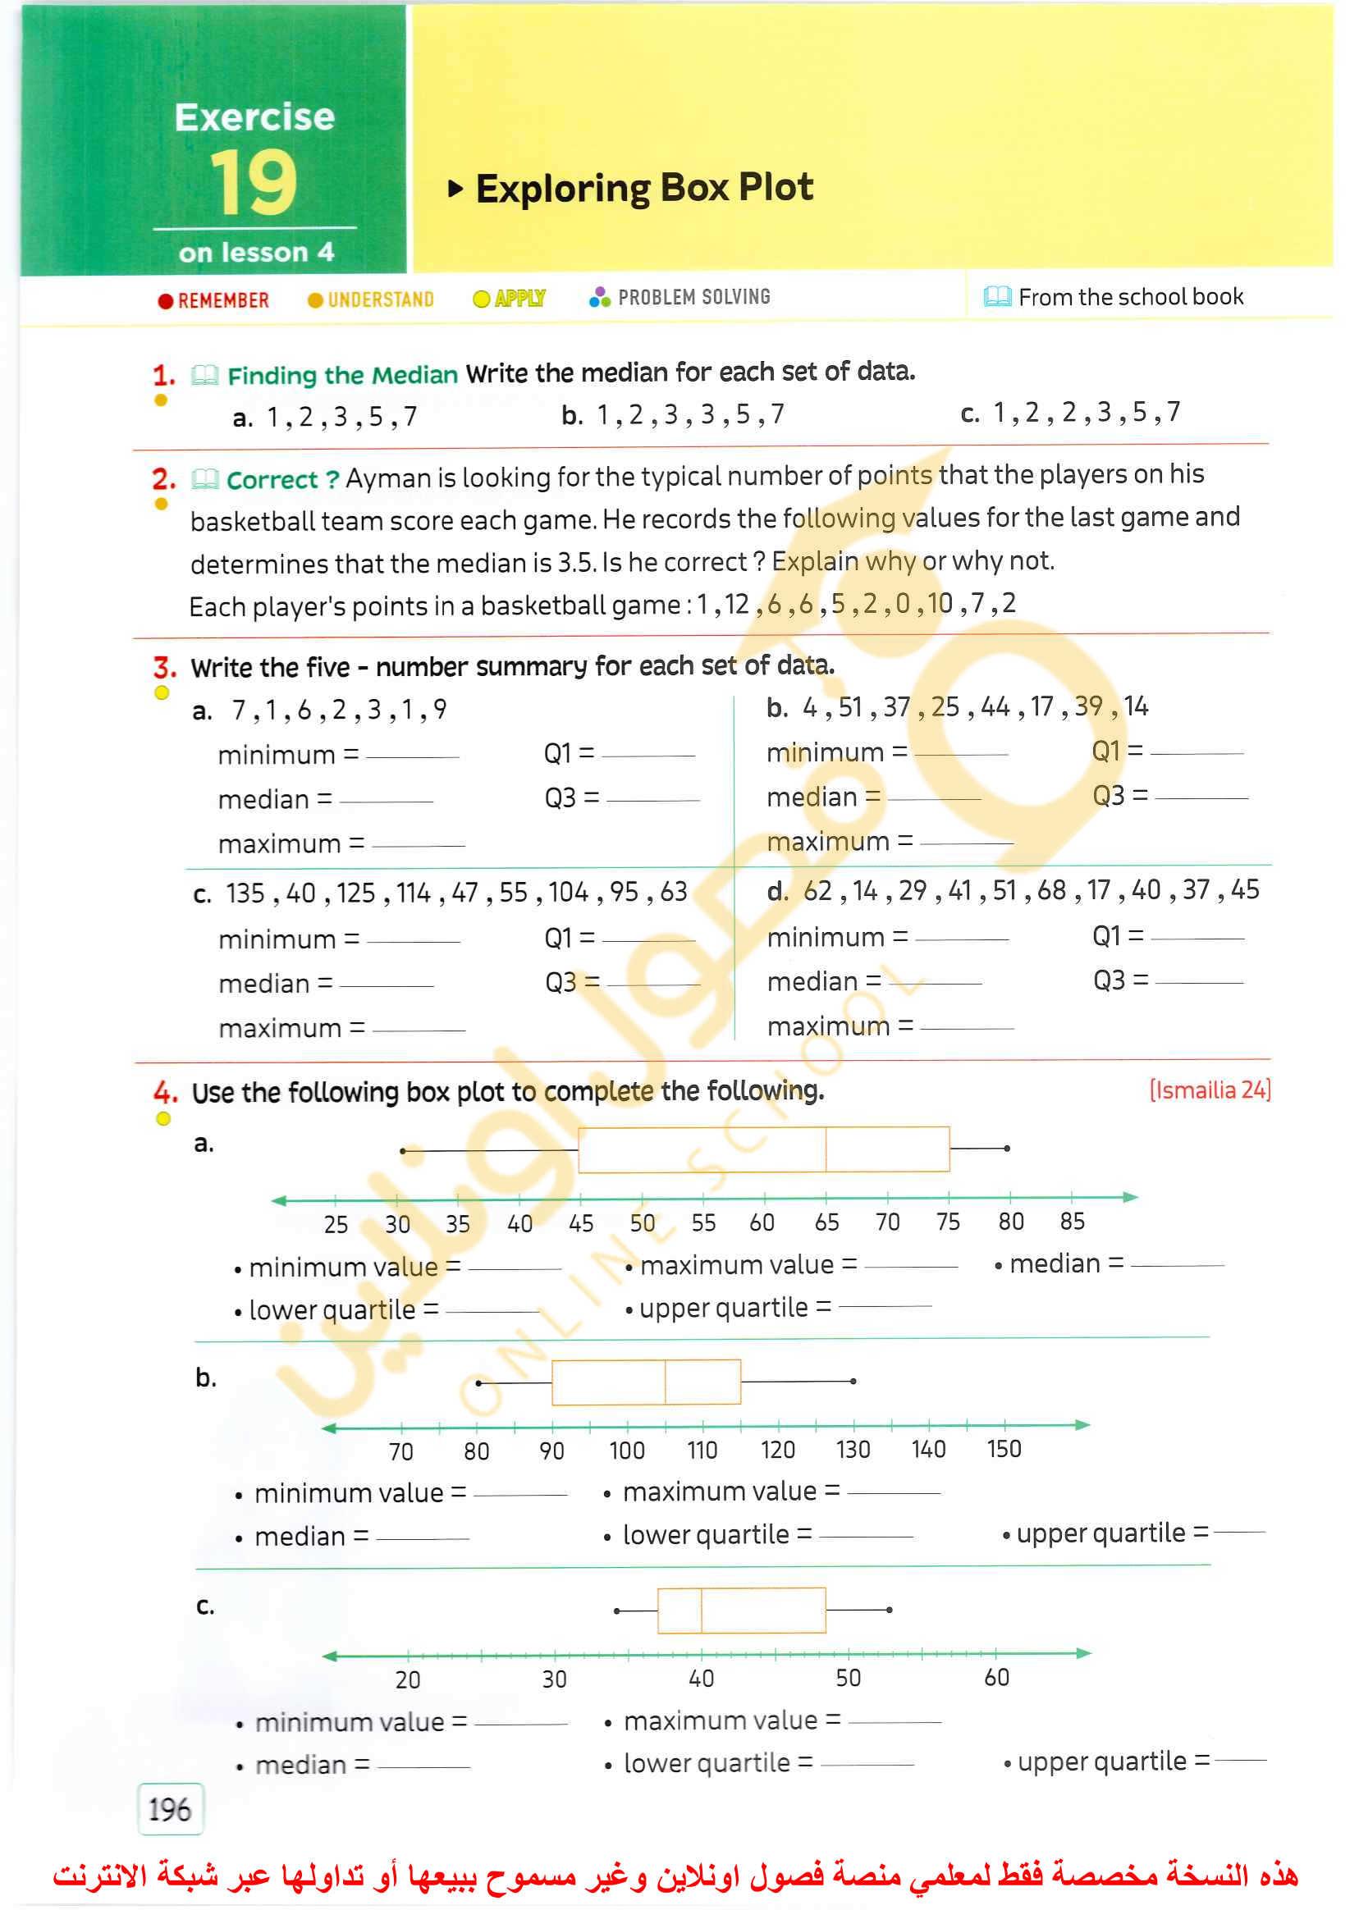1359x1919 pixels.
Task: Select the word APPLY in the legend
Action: pos(519,299)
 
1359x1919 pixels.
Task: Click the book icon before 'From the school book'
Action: pos(997,297)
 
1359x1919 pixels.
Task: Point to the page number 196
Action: pos(170,1808)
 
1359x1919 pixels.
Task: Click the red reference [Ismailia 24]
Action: pos(1209,1090)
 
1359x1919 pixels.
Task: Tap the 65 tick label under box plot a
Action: pos(826,1223)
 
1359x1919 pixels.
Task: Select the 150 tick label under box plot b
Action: pos(1004,1450)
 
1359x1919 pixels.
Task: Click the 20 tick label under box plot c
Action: pos(408,1679)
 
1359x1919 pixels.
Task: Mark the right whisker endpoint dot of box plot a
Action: pos(1007,1149)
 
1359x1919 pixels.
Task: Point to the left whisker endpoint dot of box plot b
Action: pos(478,1382)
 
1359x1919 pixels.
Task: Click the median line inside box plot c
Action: pos(702,1611)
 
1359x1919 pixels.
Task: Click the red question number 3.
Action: pos(164,668)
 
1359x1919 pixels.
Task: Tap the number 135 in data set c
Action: pos(245,893)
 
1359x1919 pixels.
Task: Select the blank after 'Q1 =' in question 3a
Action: pos(647,756)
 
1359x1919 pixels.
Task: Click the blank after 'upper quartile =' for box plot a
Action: pos(885,1307)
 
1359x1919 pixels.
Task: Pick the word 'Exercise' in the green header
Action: pos(254,117)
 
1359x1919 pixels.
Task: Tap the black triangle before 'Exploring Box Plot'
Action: pos(455,188)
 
